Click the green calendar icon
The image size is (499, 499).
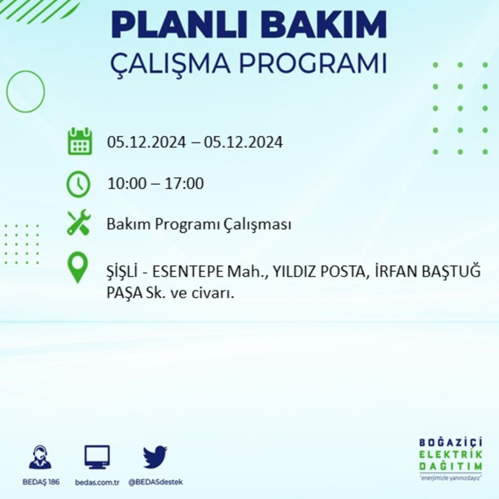[80, 141]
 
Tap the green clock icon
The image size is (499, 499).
[79, 184]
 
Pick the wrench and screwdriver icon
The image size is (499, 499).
[79, 223]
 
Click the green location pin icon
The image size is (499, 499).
[78, 268]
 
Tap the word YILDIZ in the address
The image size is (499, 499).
[296, 271]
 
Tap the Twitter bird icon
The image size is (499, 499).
[155, 456]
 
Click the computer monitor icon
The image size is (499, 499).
[97, 456]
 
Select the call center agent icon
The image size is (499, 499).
[40, 456]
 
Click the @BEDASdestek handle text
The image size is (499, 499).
[155, 482]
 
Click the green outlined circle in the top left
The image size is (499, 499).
[26, 91]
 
